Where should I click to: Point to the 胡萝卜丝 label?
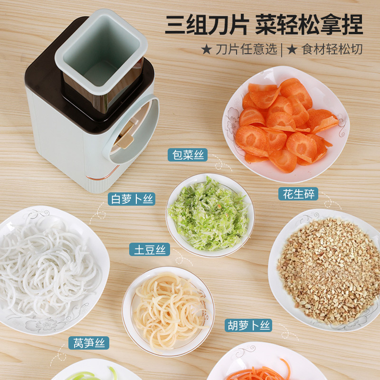tap(248, 325)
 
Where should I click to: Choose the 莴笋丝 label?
tap(89, 342)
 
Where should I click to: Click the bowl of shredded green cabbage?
tap(209, 215)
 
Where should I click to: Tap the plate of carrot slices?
tap(285, 123)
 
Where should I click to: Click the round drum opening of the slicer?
tap(135, 128)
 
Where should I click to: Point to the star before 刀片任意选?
tap(206, 50)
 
